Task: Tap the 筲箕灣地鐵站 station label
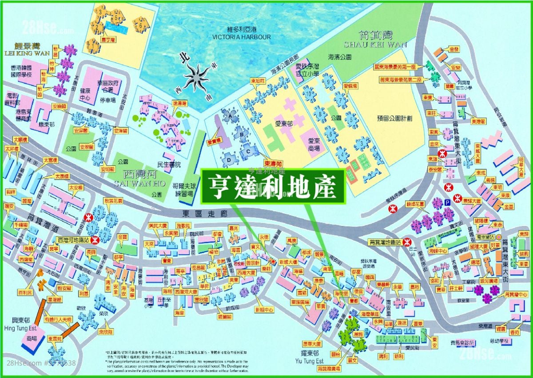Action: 385,242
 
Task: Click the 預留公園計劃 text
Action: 394,118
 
